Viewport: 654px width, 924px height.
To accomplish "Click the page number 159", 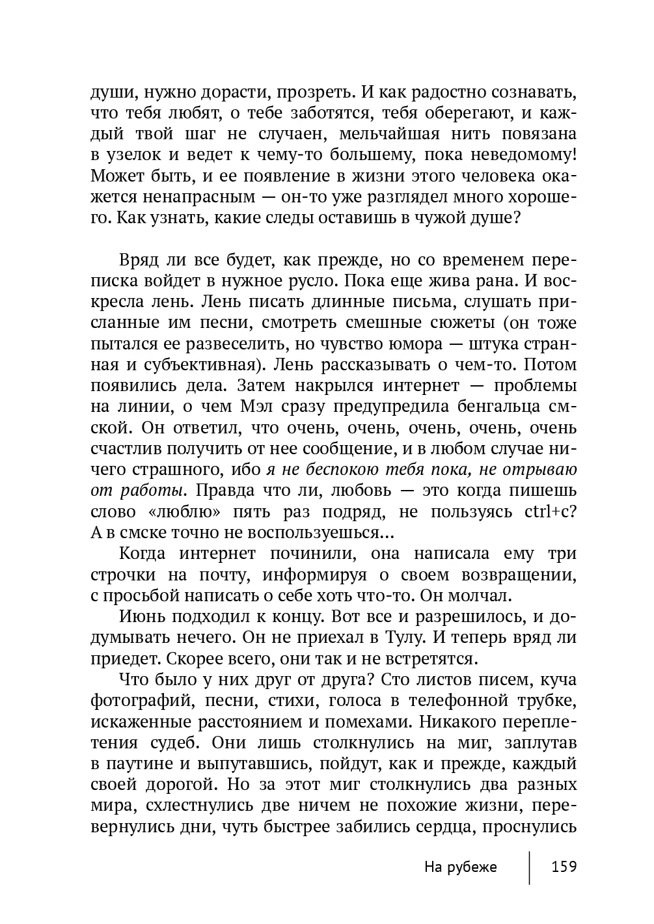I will pos(564,867).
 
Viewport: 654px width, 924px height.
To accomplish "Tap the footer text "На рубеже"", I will pos(460,867).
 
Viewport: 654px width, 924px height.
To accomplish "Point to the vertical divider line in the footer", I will pos(530,867).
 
